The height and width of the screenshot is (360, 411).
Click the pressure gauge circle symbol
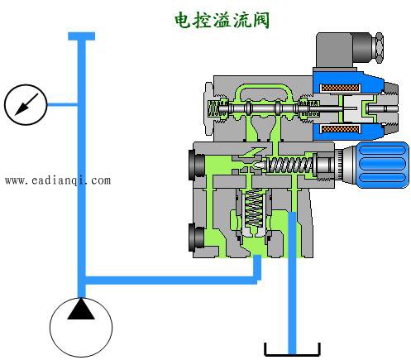[26, 104]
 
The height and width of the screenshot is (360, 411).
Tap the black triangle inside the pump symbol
[81, 309]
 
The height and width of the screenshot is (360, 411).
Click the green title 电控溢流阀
[222, 20]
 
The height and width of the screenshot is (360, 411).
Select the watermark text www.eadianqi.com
[58, 180]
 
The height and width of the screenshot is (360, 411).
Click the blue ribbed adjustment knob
[383, 165]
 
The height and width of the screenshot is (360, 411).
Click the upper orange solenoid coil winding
[340, 88]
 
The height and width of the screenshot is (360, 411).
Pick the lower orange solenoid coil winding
[340, 128]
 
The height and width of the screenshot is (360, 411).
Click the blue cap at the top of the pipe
[82, 36]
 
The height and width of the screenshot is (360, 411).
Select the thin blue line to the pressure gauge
[63, 104]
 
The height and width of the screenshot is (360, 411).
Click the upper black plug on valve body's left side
[196, 165]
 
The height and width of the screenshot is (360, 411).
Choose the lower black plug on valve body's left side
[196, 238]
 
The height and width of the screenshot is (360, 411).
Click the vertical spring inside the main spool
[254, 209]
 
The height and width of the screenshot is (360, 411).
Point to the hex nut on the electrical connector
[380, 47]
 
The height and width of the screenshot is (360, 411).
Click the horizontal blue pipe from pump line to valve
[171, 281]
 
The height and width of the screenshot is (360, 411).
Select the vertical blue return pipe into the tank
[292, 283]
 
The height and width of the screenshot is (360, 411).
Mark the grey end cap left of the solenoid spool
[208, 108]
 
